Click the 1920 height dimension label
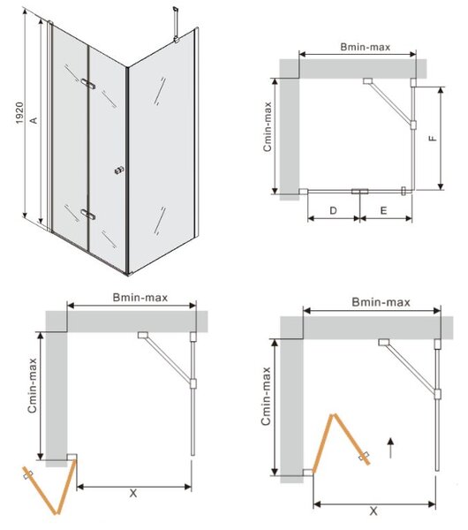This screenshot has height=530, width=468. (x=20, y=113)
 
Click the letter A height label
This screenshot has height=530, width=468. (x=34, y=120)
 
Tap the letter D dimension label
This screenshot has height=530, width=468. (x=333, y=210)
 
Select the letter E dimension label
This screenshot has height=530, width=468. (x=383, y=210)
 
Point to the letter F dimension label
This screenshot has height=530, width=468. (x=432, y=139)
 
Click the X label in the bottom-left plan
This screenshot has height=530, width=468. (x=133, y=494)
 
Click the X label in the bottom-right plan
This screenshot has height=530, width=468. (x=374, y=511)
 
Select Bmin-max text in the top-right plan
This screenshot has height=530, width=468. (x=365, y=47)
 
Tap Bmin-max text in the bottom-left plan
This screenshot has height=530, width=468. (x=140, y=298)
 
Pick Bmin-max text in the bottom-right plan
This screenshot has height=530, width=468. (x=381, y=302)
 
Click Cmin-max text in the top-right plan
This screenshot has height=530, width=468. (x=268, y=126)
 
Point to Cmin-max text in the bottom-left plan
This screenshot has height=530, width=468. (x=32, y=386)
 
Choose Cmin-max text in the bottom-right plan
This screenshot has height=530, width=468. (x=266, y=396)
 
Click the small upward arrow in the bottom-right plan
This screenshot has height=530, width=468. (x=390, y=448)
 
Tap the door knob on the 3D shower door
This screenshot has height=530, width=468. (x=119, y=170)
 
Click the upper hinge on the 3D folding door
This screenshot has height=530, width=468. (x=88, y=84)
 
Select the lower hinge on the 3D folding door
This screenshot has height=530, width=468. (x=88, y=215)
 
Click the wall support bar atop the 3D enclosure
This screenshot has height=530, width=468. (x=176, y=25)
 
